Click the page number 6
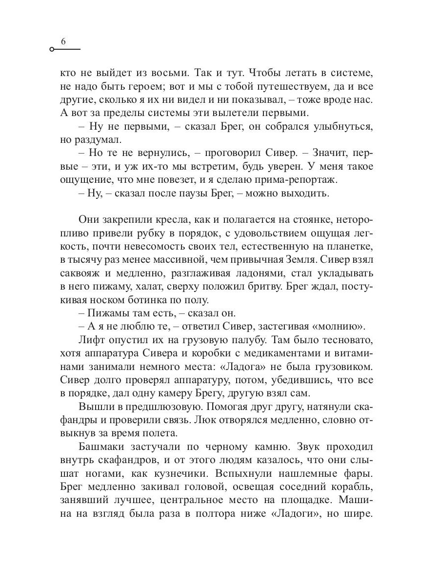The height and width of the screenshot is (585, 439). click(x=63, y=42)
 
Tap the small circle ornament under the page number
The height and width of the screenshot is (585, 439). click(x=52, y=50)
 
